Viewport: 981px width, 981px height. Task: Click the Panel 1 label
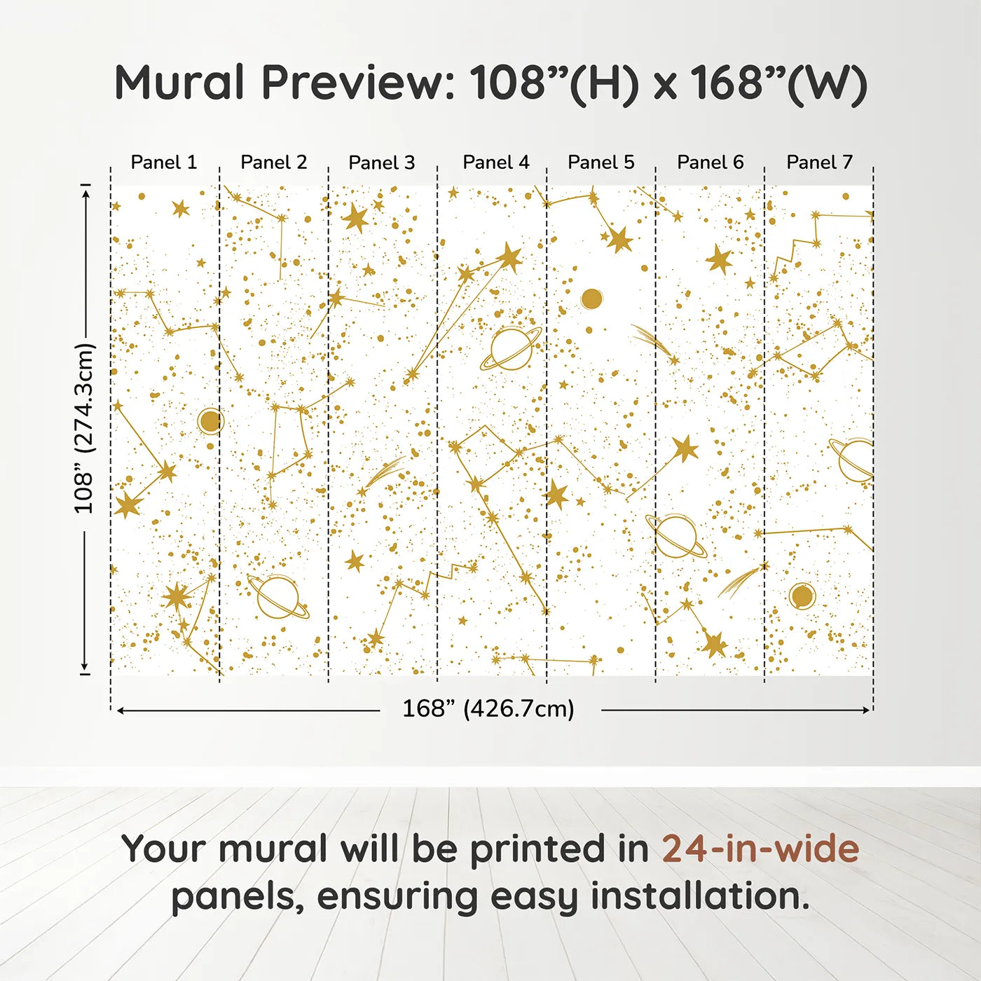pos(164,163)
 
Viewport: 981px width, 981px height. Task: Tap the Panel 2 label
pos(274,163)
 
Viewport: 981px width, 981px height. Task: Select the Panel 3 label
pos(382,163)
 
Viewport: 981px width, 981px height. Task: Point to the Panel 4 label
pos(496,163)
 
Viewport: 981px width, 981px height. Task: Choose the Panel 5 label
pos(601,163)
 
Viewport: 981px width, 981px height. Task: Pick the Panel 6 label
pos(711,163)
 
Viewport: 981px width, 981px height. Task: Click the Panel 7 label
pos(819,163)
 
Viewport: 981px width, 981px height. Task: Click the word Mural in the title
pos(179,83)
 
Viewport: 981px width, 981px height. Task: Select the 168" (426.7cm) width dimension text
pos(488,709)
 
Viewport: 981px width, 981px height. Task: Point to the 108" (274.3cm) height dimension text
pos(84,428)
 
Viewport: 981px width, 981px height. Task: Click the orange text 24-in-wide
pos(760,849)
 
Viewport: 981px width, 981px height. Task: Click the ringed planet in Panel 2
pos(278,596)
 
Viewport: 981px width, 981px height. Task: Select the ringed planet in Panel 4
pos(511,348)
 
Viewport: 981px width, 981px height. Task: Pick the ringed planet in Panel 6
pos(675,536)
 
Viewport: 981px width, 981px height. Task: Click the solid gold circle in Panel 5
pos(591,299)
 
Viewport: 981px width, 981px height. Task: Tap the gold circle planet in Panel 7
pos(802,596)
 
